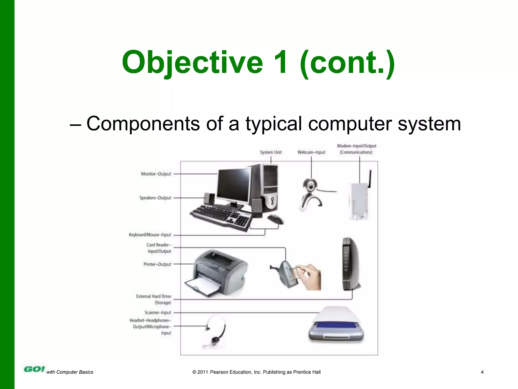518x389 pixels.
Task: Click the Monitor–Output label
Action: tap(156, 174)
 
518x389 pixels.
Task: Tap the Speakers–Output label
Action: tap(155, 198)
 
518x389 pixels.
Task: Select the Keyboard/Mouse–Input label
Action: tap(150, 235)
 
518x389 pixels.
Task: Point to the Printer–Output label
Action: tap(157, 264)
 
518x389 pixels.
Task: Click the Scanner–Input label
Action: tap(158, 313)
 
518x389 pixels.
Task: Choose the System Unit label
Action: tap(271, 152)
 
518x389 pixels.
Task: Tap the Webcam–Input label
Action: tap(311, 152)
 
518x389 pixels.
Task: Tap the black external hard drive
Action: tap(350, 263)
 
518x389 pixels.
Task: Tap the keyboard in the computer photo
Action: tap(220, 217)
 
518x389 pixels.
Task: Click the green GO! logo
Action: tap(34, 369)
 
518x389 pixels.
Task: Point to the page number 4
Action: tap(482, 372)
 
